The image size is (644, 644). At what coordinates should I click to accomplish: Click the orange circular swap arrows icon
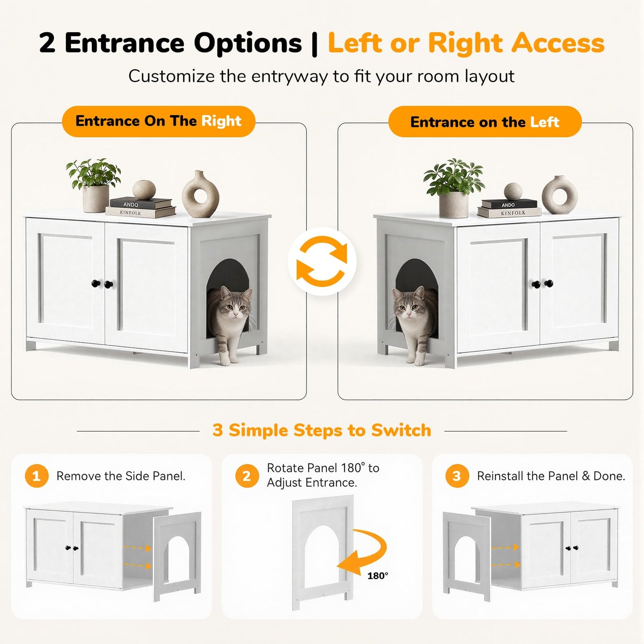(322, 261)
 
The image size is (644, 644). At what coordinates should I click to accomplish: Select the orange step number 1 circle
(37, 476)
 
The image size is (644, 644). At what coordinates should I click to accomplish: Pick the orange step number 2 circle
(246, 476)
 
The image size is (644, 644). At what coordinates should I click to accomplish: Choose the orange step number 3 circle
(457, 476)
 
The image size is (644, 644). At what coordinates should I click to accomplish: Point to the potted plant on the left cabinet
(94, 185)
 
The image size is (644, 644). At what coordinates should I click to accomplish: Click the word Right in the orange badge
(221, 121)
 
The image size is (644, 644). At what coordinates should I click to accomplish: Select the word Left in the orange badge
(545, 122)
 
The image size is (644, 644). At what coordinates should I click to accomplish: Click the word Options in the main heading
(248, 43)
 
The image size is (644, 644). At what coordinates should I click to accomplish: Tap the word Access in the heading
(558, 43)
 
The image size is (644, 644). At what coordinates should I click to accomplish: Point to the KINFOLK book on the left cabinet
(141, 212)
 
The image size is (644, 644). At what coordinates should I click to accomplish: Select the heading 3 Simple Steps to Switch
(322, 430)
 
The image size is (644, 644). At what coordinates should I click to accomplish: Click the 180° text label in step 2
(377, 575)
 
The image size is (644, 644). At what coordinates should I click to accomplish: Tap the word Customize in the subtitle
(172, 76)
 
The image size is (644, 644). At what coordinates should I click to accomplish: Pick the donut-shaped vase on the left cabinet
(201, 194)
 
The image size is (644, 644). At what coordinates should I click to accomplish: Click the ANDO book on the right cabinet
(509, 204)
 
